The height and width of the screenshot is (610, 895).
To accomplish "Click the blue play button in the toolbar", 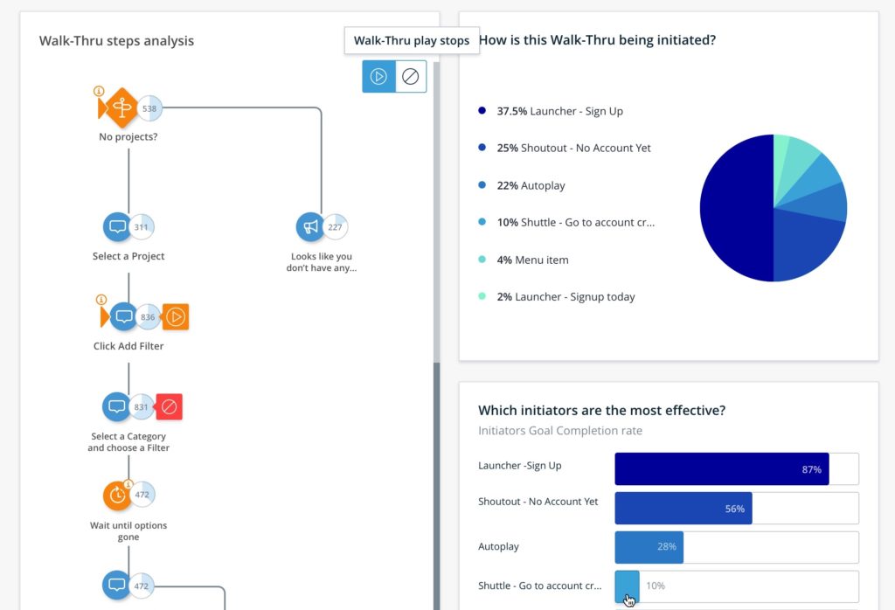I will tap(378, 76).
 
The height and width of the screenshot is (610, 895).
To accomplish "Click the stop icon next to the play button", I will tap(410, 76).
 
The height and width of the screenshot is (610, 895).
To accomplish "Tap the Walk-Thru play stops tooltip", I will tap(411, 40).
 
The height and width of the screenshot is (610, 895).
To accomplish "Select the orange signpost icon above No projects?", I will tap(121, 108).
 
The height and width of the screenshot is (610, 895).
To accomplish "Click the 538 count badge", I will tap(150, 108).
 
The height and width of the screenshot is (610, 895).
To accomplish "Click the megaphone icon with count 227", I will tap(310, 227).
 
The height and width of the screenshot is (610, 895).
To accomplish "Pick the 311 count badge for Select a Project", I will tap(142, 227).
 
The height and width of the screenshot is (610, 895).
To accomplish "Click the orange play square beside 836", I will tap(176, 316).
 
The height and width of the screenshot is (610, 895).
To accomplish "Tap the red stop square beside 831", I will tap(170, 406).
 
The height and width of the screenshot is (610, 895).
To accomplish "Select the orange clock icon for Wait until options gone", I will tap(116, 496).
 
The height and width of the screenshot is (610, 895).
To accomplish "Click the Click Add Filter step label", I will tap(128, 346).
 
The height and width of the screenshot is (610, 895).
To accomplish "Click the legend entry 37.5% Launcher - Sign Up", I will tap(559, 111).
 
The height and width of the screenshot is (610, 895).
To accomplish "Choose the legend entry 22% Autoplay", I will tap(531, 185).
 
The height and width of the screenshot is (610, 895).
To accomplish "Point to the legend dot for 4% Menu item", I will tap(482, 260).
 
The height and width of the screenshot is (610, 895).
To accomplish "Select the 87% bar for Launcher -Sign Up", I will tap(721, 469).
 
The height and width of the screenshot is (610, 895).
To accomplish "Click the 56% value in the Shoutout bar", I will tap(734, 509).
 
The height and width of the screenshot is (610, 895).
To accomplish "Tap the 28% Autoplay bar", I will tap(649, 547).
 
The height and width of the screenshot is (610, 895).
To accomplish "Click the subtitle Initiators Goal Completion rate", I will tap(559, 431).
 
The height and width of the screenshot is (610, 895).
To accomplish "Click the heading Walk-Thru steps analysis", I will tap(116, 41).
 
